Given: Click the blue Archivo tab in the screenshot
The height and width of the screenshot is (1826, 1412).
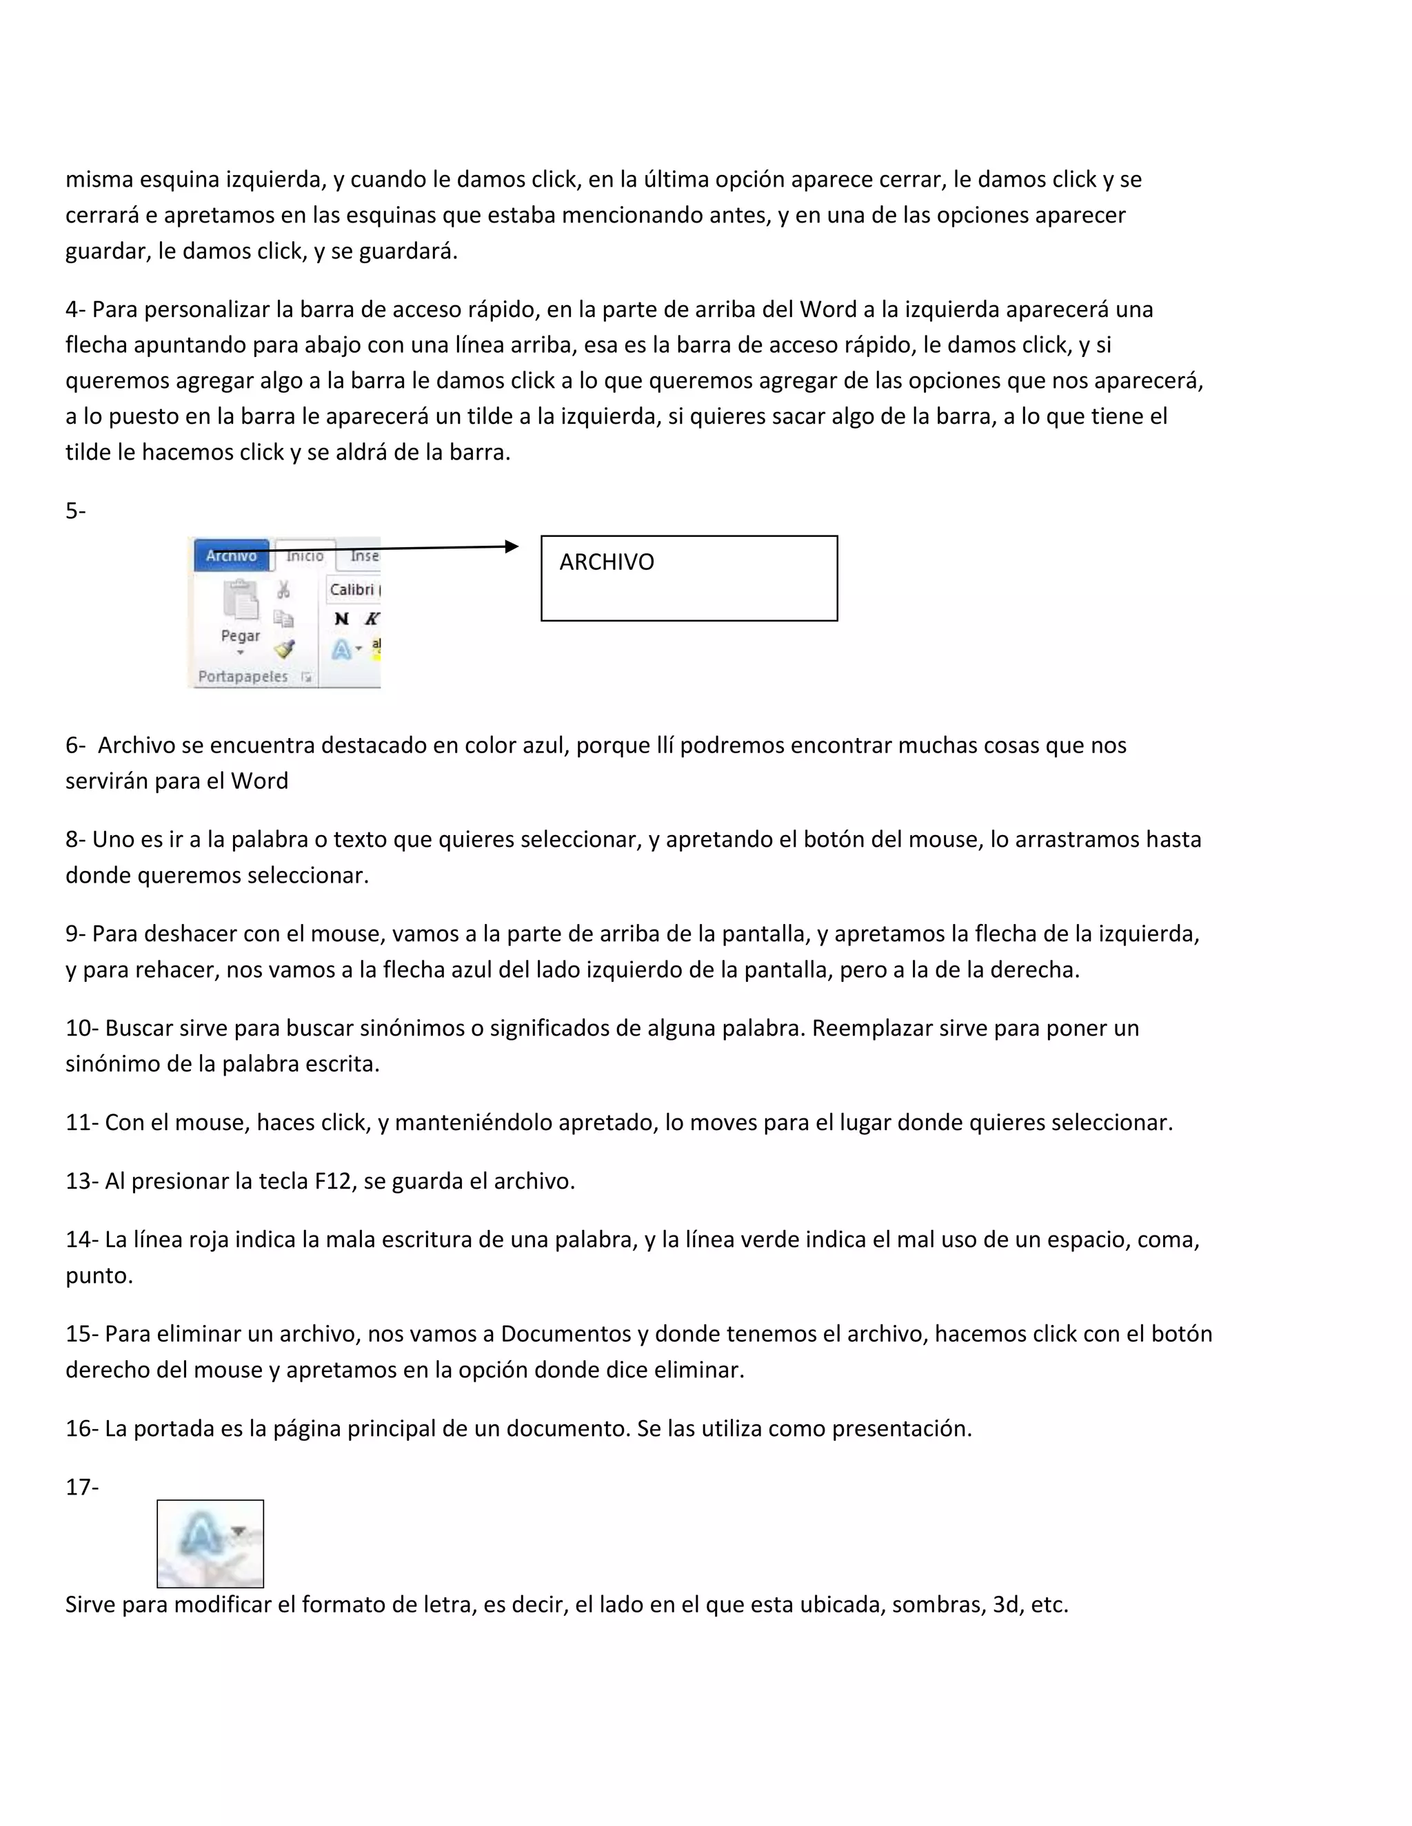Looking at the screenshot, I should click(x=231, y=556).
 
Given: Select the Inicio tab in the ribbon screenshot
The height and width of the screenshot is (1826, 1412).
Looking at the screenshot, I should click(x=305, y=556).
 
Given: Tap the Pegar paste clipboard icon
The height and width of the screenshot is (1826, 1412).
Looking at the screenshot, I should click(x=240, y=600).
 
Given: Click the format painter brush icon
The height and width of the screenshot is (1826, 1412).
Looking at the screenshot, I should click(x=285, y=650).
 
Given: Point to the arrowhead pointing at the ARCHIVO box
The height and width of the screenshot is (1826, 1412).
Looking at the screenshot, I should click(x=512, y=547).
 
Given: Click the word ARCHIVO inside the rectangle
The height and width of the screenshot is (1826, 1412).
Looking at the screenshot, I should click(x=607, y=562).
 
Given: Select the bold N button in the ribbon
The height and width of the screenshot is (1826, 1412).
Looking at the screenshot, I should click(x=341, y=619).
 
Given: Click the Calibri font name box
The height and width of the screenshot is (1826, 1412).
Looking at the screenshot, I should click(x=352, y=589).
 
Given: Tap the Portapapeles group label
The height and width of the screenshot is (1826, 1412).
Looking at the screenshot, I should click(x=243, y=677).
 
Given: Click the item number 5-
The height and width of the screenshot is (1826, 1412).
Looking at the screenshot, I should click(x=75, y=511).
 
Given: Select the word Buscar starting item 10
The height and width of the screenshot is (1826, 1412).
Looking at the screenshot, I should click(x=138, y=1028).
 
